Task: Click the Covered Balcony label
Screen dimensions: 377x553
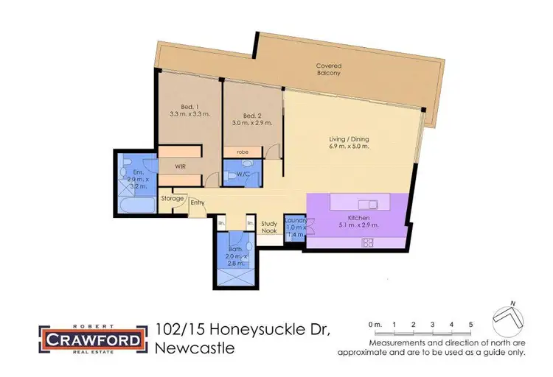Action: [329, 69]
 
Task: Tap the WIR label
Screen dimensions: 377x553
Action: [179, 166]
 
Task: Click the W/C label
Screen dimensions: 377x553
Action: [242, 175]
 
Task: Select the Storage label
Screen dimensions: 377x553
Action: [173, 198]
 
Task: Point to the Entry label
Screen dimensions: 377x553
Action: [198, 203]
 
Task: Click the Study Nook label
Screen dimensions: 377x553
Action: [270, 226]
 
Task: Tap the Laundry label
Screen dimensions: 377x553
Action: [295, 219]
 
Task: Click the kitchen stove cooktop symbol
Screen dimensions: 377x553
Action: [367, 243]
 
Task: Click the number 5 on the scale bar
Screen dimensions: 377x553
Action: [470, 325]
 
